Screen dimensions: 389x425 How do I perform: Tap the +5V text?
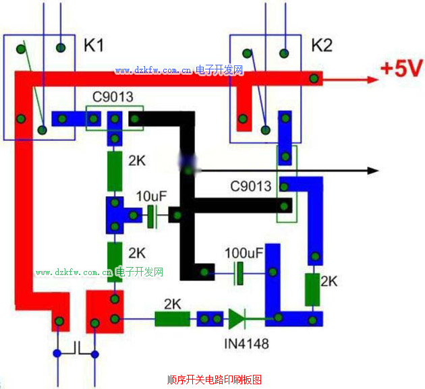[401, 69]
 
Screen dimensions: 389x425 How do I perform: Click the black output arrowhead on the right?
[370, 170]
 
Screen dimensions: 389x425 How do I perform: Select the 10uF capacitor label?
[151, 197]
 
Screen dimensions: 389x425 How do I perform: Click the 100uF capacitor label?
[244, 253]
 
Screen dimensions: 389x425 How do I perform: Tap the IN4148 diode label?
[246, 344]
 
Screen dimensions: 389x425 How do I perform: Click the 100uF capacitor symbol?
[238, 273]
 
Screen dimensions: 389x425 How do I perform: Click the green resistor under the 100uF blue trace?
[312, 290]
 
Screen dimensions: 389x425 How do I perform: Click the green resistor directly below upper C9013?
[115, 171]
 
